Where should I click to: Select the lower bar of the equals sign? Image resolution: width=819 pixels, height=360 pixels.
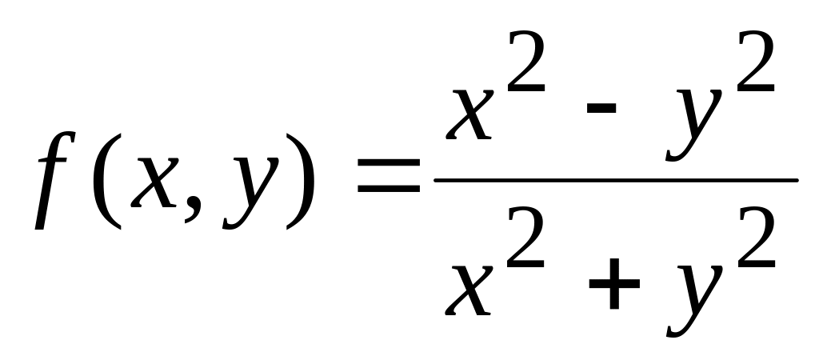tap(389, 190)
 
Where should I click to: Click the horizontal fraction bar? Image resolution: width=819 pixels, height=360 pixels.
tap(616, 179)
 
